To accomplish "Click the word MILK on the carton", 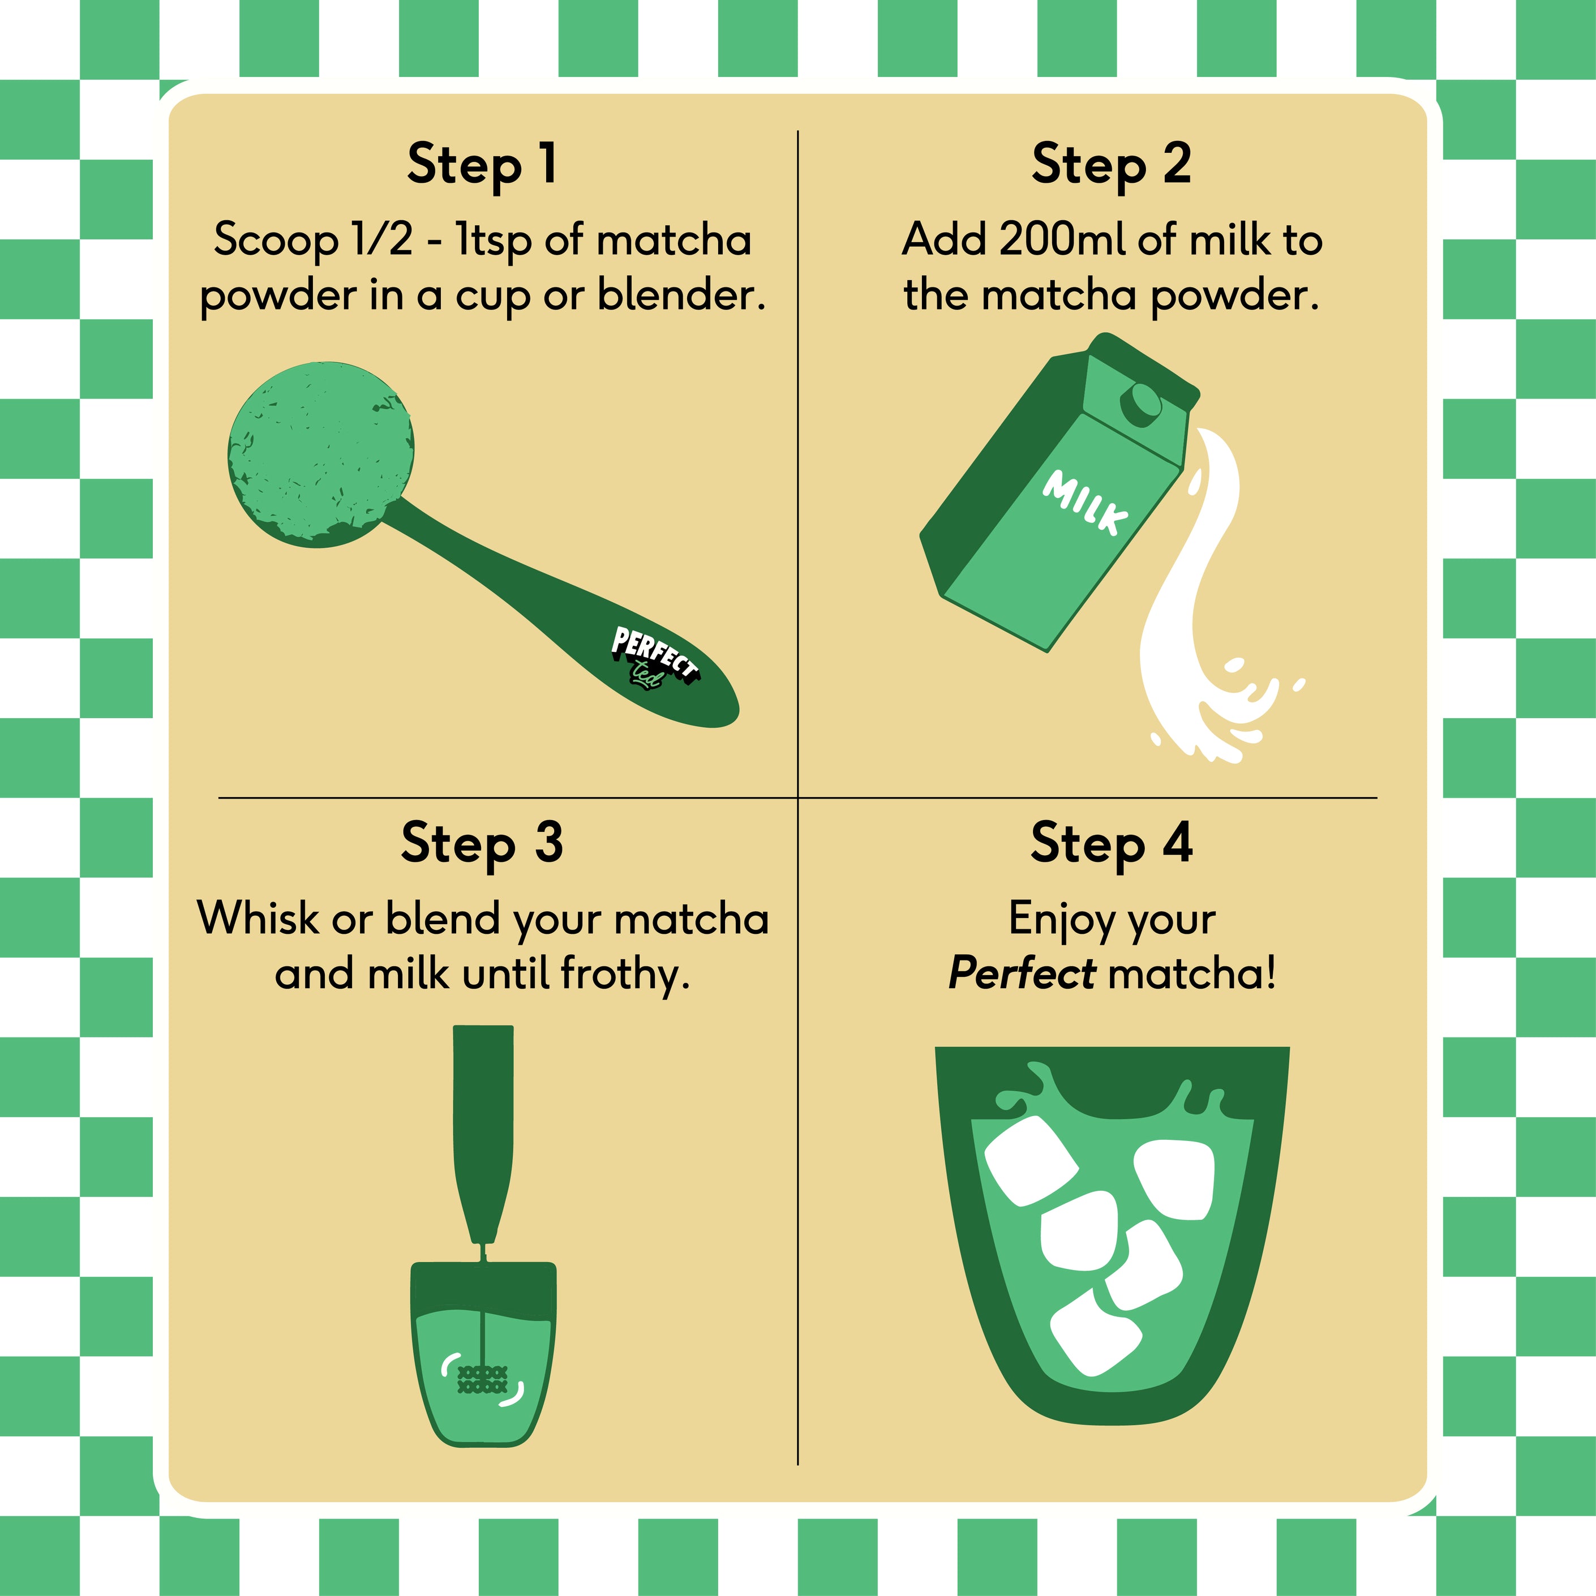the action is [1084, 502].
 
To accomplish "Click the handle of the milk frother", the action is [483, 1132].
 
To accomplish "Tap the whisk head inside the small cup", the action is [482, 1380].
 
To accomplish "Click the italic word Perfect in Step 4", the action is [1022, 972].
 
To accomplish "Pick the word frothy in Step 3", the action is [625, 975].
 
